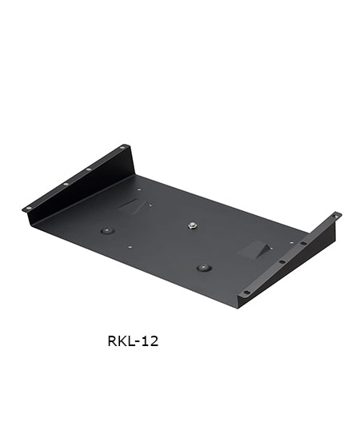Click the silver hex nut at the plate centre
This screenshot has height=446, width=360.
pyautogui.click(x=193, y=225)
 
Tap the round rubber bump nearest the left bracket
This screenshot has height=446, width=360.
pyautogui.click(x=106, y=230)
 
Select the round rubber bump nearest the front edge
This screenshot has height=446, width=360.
pyautogui.click(x=205, y=268)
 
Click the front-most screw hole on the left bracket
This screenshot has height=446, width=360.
pyautogui.click(x=29, y=208)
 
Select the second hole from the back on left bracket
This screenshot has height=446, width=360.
pyautogui.click(x=88, y=169)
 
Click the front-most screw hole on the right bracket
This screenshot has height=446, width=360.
pyautogui.click(x=246, y=292)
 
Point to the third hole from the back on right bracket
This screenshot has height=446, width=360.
pyautogui.click(x=282, y=261)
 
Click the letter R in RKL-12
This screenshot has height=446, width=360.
pyautogui.click(x=112, y=341)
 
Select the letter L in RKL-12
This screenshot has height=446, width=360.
pyautogui.click(x=131, y=341)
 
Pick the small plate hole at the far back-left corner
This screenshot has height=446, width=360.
pyautogui.click(x=139, y=190)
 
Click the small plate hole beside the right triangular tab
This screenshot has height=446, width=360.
pyautogui.click(x=274, y=245)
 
